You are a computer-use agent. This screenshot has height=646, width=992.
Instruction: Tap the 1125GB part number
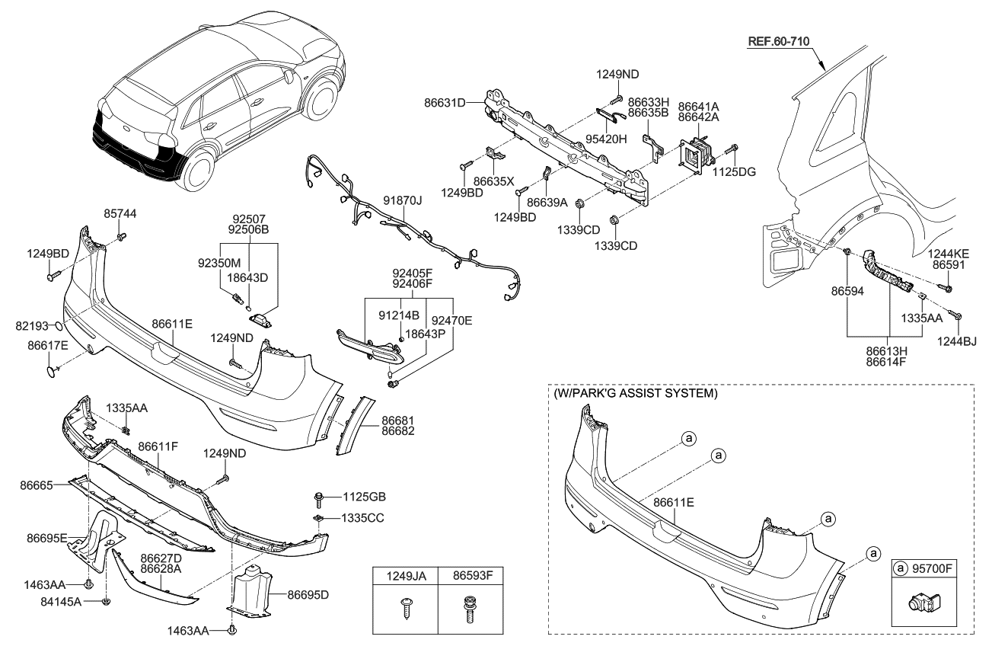point(365,497)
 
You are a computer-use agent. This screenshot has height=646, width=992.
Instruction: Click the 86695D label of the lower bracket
point(309,594)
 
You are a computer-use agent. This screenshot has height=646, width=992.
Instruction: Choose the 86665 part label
point(36,484)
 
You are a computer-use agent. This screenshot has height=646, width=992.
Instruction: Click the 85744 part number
point(120,215)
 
